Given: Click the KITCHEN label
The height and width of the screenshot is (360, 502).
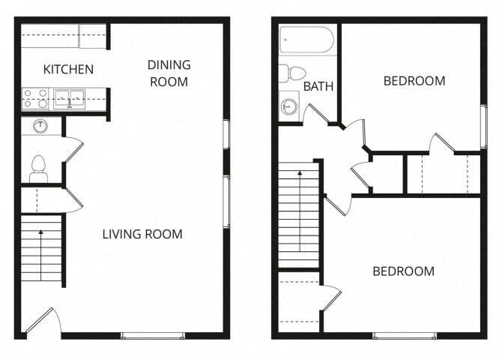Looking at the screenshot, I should pyautogui.click(x=68, y=70).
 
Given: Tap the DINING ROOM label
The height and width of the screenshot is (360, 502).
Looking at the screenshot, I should pyautogui.click(x=169, y=73).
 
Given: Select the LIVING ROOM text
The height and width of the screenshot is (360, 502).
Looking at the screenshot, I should pyautogui.click(x=142, y=234).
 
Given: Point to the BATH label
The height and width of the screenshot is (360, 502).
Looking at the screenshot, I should pyautogui.click(x=318, y=87).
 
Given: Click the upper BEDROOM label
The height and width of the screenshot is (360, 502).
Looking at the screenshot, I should pyautogui.click(x=414, y=81).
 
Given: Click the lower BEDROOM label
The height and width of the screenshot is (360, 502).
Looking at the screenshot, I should pyautogui.click(x=403, y=271).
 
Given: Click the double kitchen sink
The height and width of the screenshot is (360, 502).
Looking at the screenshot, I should pyautogui.click(x=70, y=98).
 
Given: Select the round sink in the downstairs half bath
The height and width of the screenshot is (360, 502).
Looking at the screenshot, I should pyautogui.click(x=40, y=126).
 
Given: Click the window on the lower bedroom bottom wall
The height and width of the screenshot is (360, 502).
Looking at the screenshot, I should pyautogui.click(x=404, y=334).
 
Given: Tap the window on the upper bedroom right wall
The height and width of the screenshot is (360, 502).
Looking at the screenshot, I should pyautogui.click(x=483, y=126).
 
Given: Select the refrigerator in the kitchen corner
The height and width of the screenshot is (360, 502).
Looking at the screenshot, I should pyautogui.click(x=93, y=36).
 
